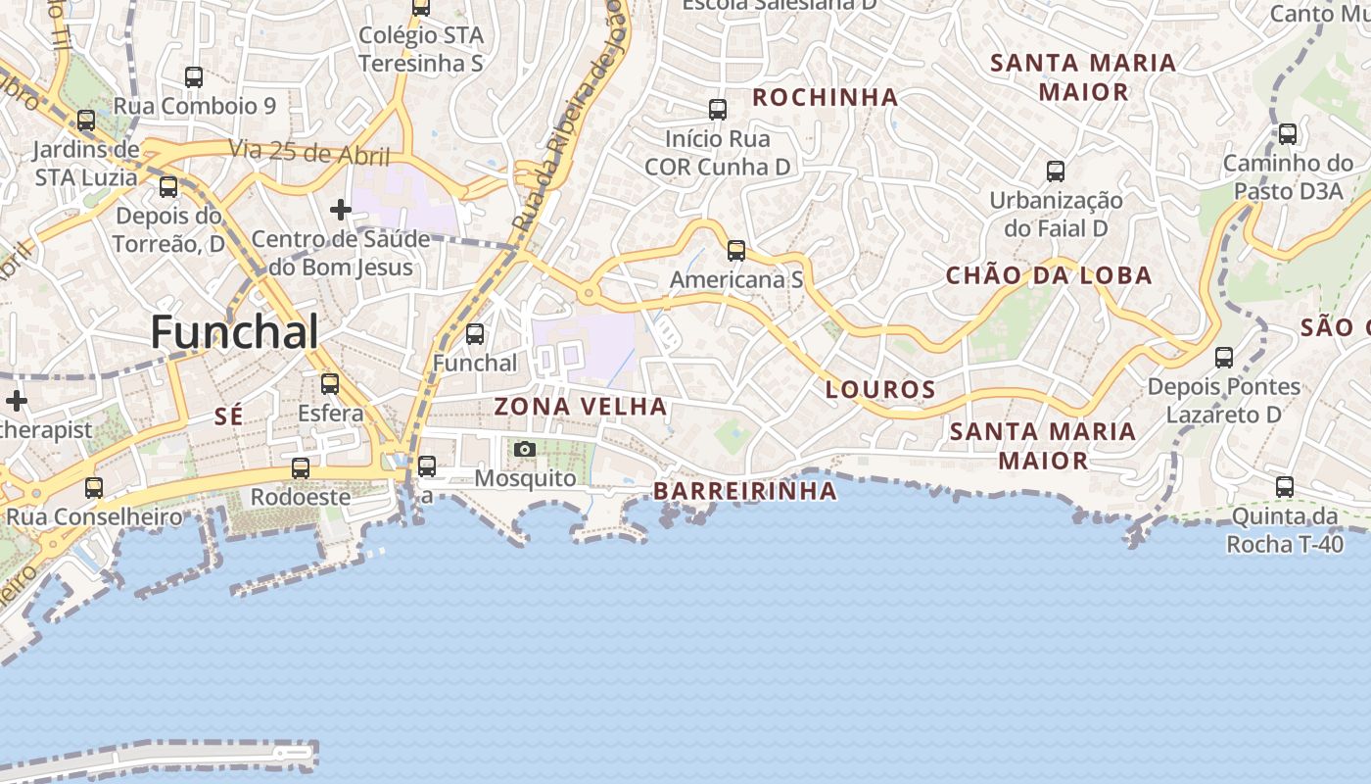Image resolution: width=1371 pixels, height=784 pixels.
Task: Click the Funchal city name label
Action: coord(234,332)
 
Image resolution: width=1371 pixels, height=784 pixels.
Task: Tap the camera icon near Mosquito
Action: coord(525,450)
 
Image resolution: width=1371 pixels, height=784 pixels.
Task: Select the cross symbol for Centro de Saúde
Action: coord(341,210)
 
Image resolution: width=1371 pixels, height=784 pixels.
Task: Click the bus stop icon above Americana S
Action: coord(736,251)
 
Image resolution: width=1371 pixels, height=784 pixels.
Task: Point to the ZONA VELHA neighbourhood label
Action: coord(581,406)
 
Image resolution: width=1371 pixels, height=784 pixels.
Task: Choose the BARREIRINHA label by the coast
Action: coord(745,490)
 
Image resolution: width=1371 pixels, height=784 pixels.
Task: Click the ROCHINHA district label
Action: coord(825,97)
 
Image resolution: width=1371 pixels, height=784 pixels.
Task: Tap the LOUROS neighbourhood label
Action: coord(880,389)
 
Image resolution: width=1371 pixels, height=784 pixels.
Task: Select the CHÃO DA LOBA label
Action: coord(1049,275)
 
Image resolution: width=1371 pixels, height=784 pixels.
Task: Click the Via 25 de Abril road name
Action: coord(309,153)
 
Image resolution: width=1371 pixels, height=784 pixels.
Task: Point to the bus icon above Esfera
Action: coord(330,383)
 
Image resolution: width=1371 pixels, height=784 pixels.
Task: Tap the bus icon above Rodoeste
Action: coord(301,468)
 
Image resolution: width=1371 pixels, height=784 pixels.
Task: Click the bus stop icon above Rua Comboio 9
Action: coord(194,76)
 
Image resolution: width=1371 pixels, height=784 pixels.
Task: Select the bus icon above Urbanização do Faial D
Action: coord(1056,171)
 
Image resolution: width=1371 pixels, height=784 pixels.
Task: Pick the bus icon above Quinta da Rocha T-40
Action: coord(1284,486)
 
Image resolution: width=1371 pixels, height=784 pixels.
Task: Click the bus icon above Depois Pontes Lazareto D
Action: coord(1224,358)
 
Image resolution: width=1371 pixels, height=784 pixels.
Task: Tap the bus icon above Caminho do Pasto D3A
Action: coord(1288,134)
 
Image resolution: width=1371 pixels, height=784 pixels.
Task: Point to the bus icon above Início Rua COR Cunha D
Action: coord(718,110)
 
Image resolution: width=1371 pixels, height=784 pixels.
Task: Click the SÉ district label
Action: coord(228,416)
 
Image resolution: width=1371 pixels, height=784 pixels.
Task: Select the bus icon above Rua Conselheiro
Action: coord(94,487)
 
